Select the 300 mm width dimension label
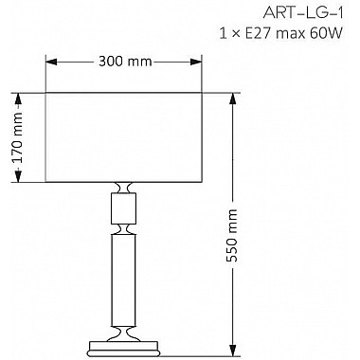click(124, 63)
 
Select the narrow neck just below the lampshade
click(124, 187)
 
